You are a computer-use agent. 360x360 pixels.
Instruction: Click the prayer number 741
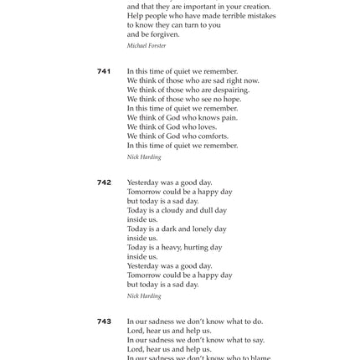104,71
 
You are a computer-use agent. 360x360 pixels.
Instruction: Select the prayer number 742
104,182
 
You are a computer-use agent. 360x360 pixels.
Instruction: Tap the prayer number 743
104,321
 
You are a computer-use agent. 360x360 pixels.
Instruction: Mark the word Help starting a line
135,15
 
